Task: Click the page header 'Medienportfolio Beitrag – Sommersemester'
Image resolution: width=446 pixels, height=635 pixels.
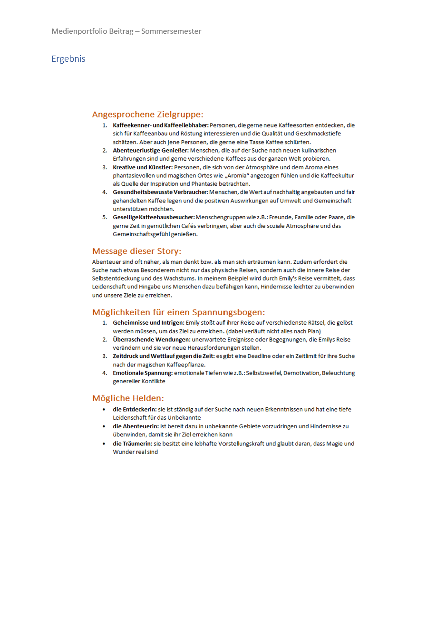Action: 126,31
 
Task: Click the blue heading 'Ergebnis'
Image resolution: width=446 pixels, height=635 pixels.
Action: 68,59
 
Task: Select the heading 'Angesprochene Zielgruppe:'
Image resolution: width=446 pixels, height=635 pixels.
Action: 147,115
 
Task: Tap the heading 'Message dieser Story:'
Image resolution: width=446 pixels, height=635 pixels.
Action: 136,251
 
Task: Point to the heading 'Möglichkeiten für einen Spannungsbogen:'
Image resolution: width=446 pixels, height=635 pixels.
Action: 178,312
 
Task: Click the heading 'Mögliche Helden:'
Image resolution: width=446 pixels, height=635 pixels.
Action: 128,398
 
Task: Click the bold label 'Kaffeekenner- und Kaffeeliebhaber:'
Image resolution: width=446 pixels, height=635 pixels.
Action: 160,125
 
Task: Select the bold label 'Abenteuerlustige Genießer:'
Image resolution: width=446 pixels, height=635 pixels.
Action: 150,151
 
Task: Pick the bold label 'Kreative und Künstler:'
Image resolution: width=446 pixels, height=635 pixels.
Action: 142,167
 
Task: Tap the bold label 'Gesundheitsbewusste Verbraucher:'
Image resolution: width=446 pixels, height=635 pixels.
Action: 160,192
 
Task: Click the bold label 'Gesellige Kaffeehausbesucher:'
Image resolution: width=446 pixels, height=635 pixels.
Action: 153,217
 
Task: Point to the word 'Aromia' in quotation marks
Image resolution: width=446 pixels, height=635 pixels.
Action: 237,176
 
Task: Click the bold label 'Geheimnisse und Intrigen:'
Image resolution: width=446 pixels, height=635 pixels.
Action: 148,323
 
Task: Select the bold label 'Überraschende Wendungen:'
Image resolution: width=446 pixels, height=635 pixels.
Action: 151,340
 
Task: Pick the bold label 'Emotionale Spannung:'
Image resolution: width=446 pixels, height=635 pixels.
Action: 142,373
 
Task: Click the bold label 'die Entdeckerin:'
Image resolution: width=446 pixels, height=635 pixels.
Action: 135,409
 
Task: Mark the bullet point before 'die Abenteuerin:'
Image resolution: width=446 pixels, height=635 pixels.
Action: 104,426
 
